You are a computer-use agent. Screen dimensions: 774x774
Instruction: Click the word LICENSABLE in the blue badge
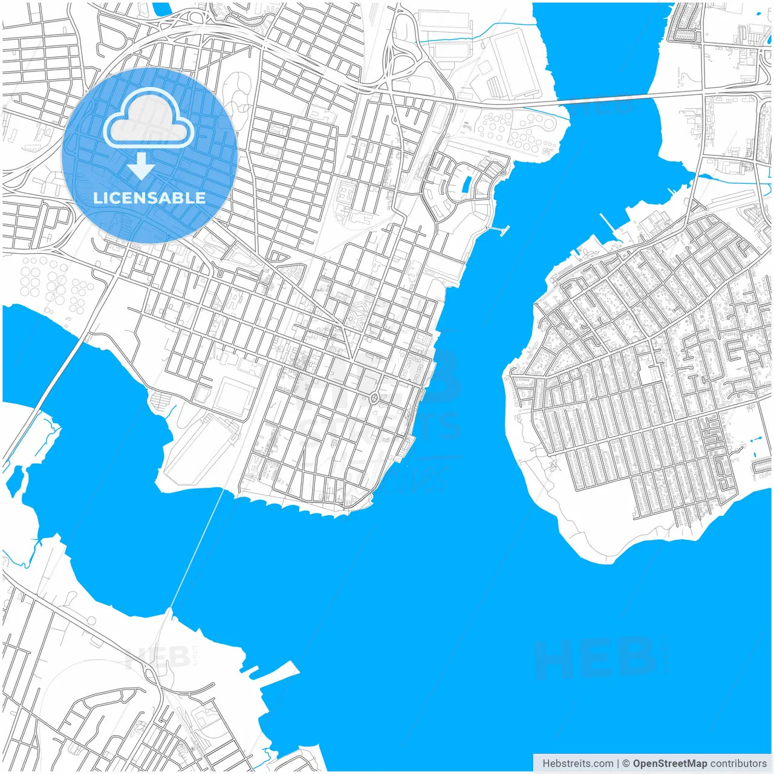(x=149, y=198)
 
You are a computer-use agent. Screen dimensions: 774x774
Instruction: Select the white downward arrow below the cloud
(x=141, y=166)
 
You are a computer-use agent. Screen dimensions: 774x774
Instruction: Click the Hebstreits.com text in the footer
(x=577, y=763)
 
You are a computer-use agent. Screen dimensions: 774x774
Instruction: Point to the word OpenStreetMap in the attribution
(x=669, y=763)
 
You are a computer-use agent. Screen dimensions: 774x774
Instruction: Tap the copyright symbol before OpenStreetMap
(x=626, y=763)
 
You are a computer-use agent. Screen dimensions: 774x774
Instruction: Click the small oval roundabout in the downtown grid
(x=374, y=398)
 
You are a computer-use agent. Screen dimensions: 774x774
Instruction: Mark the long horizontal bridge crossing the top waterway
(x=611, y=99)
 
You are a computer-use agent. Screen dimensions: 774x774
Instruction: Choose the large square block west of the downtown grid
(x=234, y=397)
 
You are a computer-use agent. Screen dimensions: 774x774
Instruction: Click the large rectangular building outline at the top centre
(x=513, y=63)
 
